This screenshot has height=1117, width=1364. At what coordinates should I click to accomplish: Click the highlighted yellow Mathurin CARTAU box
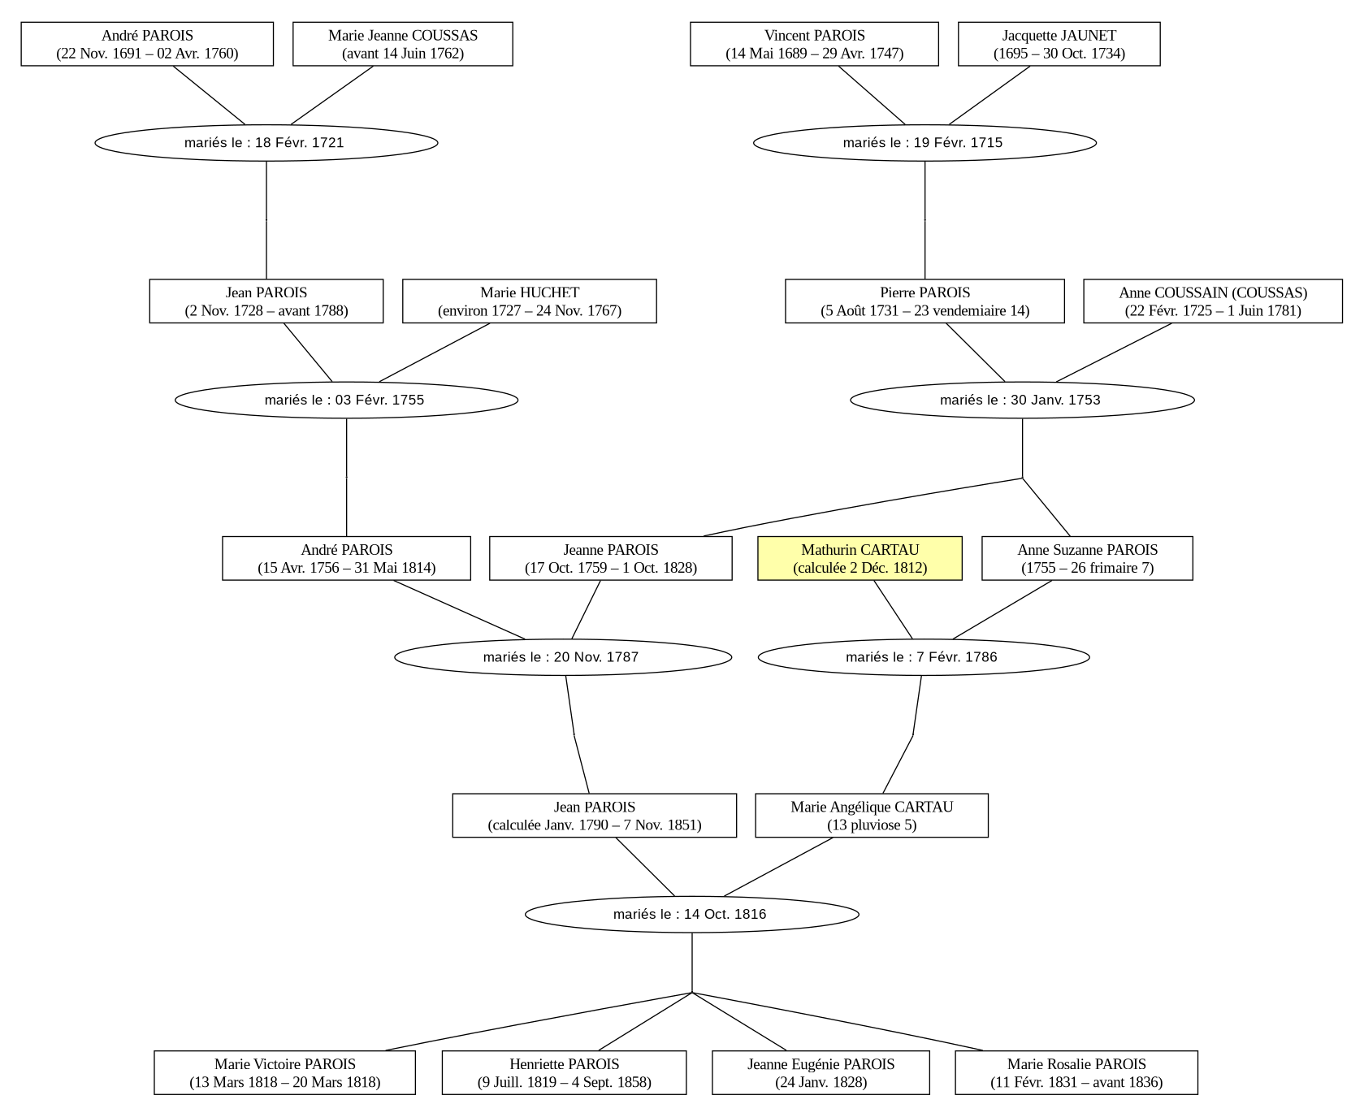[x=860, y=558]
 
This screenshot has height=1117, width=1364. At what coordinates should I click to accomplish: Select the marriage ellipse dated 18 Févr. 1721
[x=266, y=143]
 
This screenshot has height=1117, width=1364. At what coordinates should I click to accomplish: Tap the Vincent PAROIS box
[x=814, y=44]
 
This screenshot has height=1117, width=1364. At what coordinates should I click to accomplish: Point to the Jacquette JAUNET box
[x=1059, y=44]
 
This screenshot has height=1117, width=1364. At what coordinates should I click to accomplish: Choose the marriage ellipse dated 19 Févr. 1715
[x=924, y=143]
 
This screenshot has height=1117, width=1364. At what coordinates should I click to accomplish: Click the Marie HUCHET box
[x=530, y=301]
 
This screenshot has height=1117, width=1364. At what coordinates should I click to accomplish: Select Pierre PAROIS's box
[x=924, y=301]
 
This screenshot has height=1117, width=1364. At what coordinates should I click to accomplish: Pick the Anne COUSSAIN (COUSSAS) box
[x=1213, y=301]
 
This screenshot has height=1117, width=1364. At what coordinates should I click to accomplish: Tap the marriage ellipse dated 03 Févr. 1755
[x=346, y=400]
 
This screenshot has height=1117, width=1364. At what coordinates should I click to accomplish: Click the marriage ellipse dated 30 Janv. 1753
[x=1022, y=400]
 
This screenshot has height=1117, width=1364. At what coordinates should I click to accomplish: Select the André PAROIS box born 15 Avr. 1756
[x=346, y=558]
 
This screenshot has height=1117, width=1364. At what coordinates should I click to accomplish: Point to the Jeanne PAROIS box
[x=611, y=558]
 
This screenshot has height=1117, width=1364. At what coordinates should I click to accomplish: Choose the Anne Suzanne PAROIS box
[x=1087, y=558]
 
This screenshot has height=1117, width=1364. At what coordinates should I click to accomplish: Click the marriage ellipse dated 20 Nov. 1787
[x=563, y=657]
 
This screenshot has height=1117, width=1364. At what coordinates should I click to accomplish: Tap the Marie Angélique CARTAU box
[x=872, y=816]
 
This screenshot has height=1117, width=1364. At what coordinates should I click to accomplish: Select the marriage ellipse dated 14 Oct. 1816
[x=692, y=915]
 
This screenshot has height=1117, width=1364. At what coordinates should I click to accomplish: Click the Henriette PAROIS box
[x=565, y=1072]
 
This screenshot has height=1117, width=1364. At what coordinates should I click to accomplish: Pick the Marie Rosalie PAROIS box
[x=1076, y=1072]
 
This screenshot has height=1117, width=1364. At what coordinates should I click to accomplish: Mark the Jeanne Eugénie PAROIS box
[x=821, y=1072]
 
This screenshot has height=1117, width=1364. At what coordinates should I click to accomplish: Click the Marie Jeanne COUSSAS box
[x=403, y=44]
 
